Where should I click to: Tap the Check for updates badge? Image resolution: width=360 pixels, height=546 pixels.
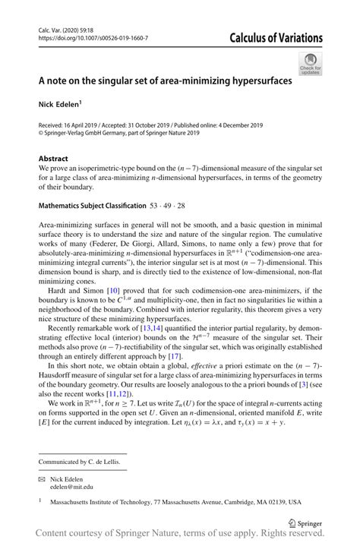click(x=309, y=64)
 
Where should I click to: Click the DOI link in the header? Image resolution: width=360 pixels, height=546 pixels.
click(x=92, y=37)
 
